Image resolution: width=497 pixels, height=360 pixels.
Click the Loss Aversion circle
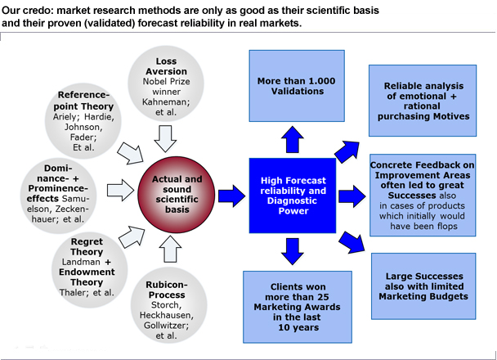[x=166, y=83]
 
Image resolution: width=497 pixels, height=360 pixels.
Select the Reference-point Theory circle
[x=83, y=121]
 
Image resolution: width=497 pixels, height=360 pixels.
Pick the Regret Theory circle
[x=90, y=270]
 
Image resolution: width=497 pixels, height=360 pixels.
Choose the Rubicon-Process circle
[x=168, y=305]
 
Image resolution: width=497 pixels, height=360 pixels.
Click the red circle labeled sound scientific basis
[x=177, y=195]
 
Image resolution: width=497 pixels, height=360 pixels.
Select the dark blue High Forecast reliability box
[x=293, y=196]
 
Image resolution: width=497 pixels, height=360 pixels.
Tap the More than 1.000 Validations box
[x=297, y=86]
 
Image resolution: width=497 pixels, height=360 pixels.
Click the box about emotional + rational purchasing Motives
[x=423, y=101]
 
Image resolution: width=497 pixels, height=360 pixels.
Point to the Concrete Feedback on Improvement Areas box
[x=423, y=195]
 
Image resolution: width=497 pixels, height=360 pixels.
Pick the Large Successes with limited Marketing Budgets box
[x=423, y=286]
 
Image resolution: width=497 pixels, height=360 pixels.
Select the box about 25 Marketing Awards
[x=298, y=307]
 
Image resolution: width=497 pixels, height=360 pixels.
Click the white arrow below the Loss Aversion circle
[x=165, y=138]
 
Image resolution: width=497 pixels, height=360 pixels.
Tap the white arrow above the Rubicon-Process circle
[x=170, y=249]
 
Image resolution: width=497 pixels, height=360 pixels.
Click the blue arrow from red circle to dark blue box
[x=231, y=196]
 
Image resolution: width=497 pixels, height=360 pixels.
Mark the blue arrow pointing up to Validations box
[x=293, y=140]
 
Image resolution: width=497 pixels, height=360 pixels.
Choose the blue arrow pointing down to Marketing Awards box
[x=293, y=251]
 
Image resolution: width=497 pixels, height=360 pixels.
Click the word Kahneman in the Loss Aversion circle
[x=166, y=101]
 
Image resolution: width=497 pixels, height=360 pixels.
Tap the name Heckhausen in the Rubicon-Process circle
[x=167, y=315]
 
